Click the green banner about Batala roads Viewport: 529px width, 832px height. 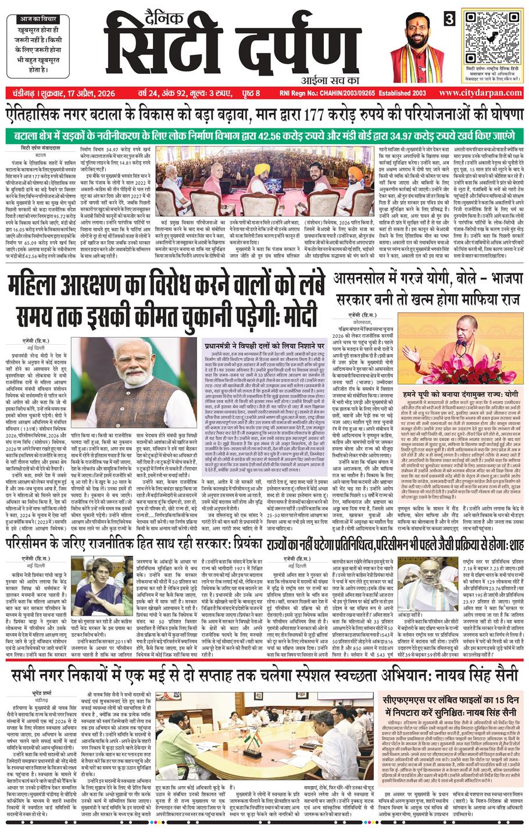(x=264, y=135)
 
